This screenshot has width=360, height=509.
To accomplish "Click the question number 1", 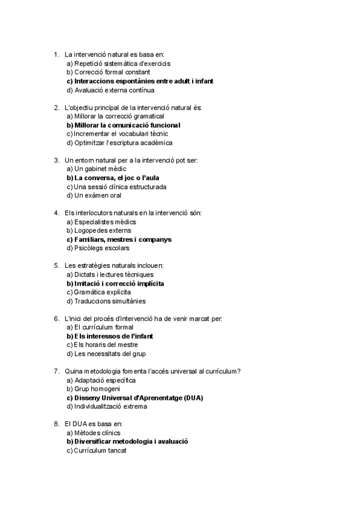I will click(56, 55).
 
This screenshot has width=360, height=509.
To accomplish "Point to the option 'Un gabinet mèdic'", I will click(96, 169).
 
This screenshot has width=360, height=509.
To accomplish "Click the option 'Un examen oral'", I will click(94, 196).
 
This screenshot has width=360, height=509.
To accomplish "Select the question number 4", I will click(56, 213).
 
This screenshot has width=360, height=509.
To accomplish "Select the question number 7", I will click(56, 371).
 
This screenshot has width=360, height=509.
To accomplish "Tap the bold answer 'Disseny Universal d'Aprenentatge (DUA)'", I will click(135, 397).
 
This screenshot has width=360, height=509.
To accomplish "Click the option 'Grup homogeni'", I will click(93, 389).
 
